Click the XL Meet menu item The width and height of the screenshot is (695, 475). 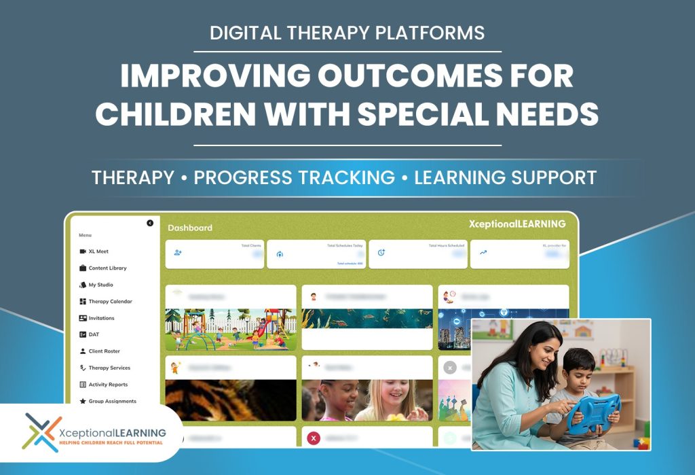pyautogui.click(x=98, y=251)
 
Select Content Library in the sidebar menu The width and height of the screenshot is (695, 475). pyautogui.click(x=107, y=268)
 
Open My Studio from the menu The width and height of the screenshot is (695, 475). pyautogui.click(x=100, y=285)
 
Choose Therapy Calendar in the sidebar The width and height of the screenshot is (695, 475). pyautogui.click(x=109, y=302)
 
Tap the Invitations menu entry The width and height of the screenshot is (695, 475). pyautogui.click(x=101, y=318)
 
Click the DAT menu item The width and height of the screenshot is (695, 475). pyautogui.click(x=93, y=334)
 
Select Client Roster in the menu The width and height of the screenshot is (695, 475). pyautogui.click(x=104, y=351)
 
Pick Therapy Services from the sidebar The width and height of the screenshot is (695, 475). pyautogui.click(x=109, y=368)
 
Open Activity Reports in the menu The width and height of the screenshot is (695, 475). pyautogui.click(x=107, y=385)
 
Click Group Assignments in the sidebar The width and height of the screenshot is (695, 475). pyautogui.click(x=111, y=401)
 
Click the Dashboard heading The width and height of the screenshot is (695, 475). pyautogui.click(x=190, y=228)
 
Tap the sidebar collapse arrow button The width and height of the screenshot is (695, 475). pyautogui.click(x=150, y=223)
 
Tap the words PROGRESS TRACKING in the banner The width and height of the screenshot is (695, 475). pyautogui.click(x=295, y=177)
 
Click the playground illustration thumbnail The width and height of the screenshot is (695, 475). pyautogui.click(x=231, y=330)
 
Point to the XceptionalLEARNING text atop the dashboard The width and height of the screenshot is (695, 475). pyautogui.click(x=516, y=224)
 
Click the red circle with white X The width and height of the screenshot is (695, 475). pyautogui.click(x=313, y=438)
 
